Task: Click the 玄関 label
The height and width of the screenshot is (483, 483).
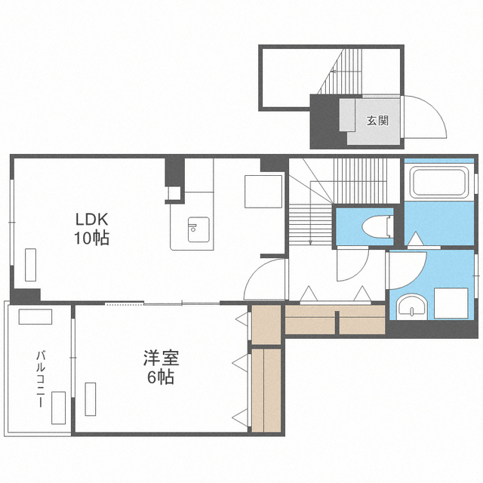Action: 377,121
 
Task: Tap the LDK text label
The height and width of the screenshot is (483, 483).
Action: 92,220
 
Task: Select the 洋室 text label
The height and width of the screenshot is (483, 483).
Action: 161,358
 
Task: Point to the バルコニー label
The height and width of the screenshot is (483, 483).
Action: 41,379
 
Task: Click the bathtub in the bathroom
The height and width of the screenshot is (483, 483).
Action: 439,182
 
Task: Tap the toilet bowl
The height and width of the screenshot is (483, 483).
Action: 377,227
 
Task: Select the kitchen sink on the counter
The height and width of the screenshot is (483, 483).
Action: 198,229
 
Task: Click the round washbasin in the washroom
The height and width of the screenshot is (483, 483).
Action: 411,307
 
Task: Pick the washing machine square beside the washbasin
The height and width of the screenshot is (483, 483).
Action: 451,303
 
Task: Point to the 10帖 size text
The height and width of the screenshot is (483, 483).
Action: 92,238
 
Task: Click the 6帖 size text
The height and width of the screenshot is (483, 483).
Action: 161,377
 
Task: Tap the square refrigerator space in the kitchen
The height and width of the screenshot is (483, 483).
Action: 263,192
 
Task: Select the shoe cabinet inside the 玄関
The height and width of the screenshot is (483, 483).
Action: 347,115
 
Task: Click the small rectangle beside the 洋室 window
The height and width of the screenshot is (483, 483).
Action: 91,399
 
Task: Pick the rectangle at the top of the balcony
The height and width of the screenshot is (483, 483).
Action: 35,317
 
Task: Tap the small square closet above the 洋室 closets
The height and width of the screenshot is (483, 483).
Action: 266,325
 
